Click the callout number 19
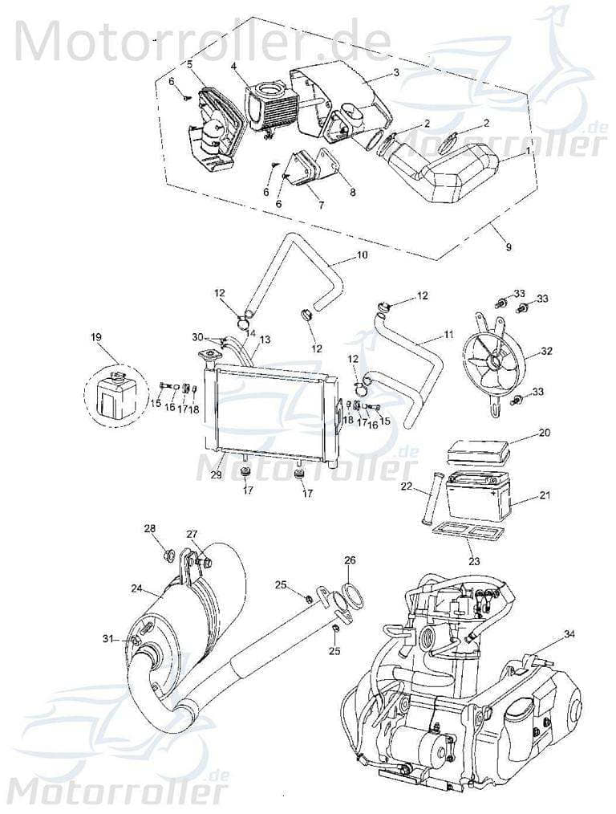click(x=97, y=339)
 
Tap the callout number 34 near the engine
click(x=569, y=634)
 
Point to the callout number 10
click(x=362, y=256)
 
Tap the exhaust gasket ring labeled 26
click(x=351, y=599)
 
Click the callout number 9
click(x=508, y=247)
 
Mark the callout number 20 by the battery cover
click(x=545, y=433)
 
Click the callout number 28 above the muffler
click(x=150, y=527)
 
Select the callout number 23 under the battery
click(x=474, y=561)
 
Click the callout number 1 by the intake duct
click(x=527, y=150)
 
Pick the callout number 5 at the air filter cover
click(x=189, y=63)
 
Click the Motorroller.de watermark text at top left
click(x=201, y=40)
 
